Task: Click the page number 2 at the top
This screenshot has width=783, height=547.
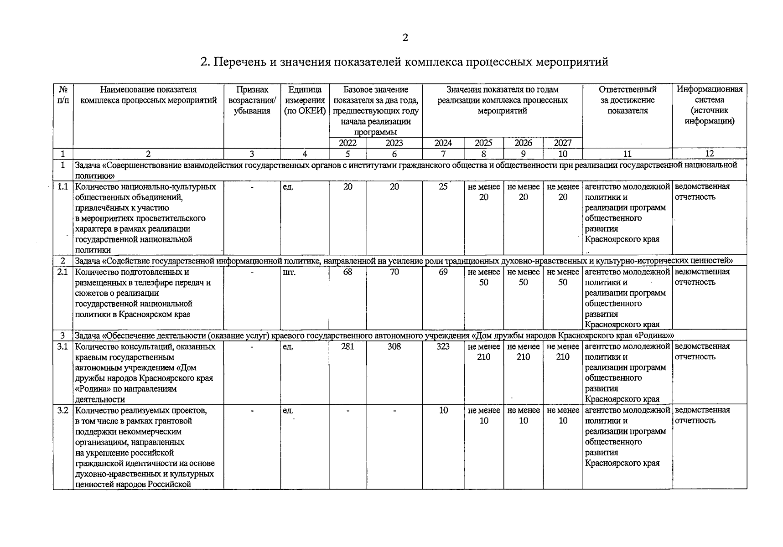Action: [405, 37]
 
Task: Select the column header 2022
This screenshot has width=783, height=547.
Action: [347, 143]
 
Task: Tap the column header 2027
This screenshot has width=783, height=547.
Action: [563, 143]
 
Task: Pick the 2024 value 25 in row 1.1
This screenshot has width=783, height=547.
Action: [443, 186]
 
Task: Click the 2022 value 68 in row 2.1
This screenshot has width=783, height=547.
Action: [347, 272]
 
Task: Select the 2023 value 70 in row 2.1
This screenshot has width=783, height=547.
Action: [394, 272]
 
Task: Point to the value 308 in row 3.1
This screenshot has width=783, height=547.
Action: [394, 346]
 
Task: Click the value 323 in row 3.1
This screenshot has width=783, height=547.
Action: [443, 346]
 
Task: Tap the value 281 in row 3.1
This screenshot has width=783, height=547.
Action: [347, 346]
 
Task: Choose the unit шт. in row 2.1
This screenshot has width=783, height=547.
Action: [289, 272]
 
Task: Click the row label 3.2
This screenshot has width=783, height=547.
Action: [62, 410]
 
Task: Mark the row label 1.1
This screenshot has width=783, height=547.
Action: [62, 186]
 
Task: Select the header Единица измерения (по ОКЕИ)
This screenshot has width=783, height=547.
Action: [305, 100]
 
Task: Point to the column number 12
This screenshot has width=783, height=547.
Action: [709, 154]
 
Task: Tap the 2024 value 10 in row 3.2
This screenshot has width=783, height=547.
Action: [443, 410]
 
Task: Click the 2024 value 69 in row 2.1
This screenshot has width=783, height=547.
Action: [443, 272]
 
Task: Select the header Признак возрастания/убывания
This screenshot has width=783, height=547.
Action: [252, 100]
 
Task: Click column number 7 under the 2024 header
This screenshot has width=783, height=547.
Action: [443, 154]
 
